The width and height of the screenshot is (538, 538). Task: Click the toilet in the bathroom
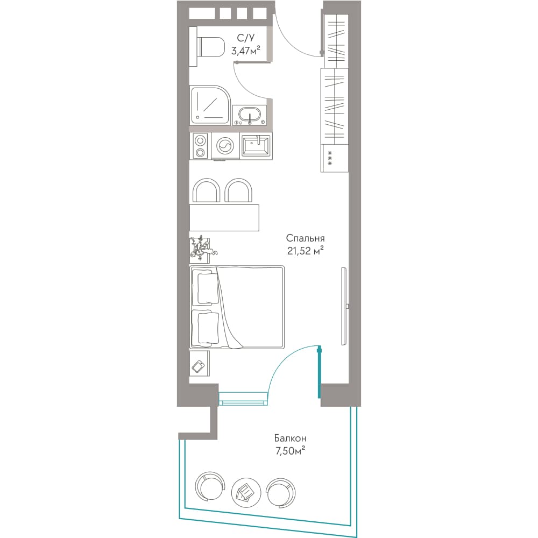pyautogui.click(x=210, y=47)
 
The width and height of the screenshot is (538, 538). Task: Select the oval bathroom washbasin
pyautogui.click(x=250, y=115)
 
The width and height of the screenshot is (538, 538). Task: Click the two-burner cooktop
pyautogui.click(x=200, y=146)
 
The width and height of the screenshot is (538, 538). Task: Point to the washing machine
pyautogui.click(x=224, y=146)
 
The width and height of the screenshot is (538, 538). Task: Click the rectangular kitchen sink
pyautogui.click(x=256, y=145)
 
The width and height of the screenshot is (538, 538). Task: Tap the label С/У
pyautogui.click(x=246, y=38)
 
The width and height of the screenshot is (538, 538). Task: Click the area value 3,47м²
pyautogui.click(x=246, y=51)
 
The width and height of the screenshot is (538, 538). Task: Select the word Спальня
pyautogui.click(x=305, y=238)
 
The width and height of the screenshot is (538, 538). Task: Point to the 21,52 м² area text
pyautogui.click(x=306, y=251)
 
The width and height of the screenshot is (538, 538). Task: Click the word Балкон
pyautogui.click(x=290, y=438)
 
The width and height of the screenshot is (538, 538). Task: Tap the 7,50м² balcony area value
pyautogui.click(x=291, y=450)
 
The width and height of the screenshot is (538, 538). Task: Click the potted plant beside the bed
pyautogui.click(x=202, y=247)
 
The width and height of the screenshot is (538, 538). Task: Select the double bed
pyautogui.click(x=237, y=307)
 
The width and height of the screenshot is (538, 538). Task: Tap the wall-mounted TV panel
pyautogui.click(x=344, y=307)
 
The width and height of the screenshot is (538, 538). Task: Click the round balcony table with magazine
pyautogui.click(x=246, y=493)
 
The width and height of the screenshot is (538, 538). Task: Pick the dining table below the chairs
pyautogui.click(x=224, y=218)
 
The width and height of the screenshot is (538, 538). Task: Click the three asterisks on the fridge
pyautogui.click(x=330, y=158)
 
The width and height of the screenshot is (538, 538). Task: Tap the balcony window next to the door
pyautogui.click(x=243, y=399)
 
